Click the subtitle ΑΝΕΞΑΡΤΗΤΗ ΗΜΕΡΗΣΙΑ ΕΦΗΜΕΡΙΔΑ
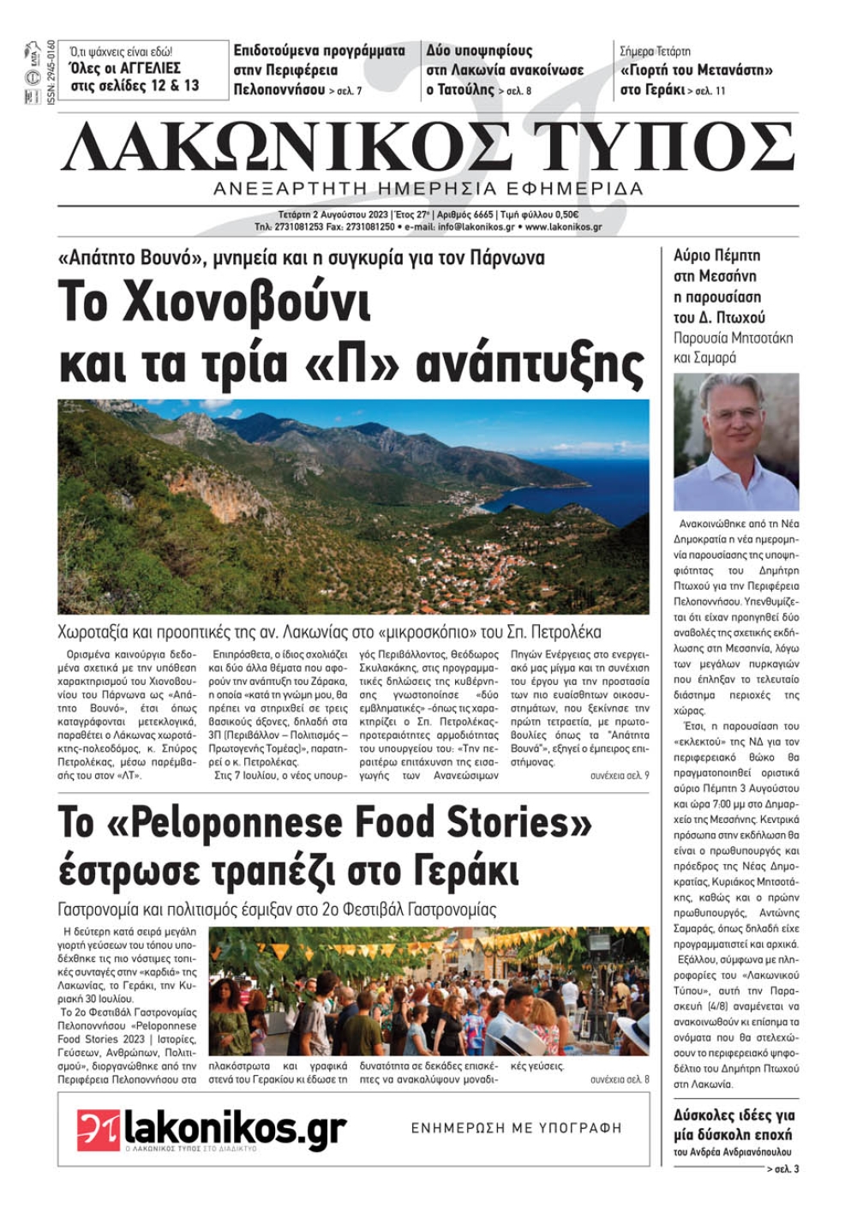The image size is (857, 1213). [428, 189]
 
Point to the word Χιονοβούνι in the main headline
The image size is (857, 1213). [214, 302]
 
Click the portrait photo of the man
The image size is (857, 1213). [735, 441]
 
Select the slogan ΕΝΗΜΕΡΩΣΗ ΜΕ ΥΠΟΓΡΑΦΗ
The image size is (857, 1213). [516, 1128]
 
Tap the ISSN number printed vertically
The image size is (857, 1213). [51, 73]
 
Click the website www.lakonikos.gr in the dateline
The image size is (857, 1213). [563, 227]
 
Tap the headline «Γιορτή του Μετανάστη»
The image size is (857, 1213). [696, 70]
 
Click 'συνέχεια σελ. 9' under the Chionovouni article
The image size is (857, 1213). [619, 775]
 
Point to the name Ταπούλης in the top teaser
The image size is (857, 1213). [460, 89]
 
